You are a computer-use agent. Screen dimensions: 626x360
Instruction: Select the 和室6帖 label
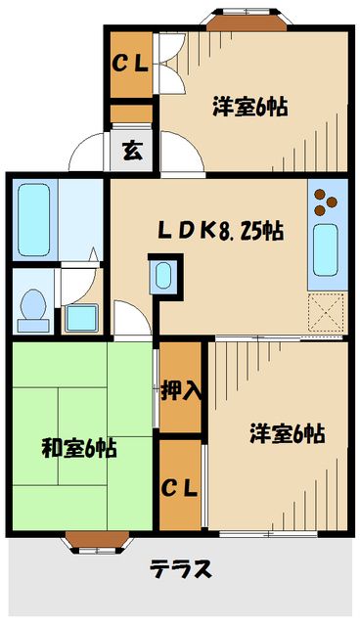80,449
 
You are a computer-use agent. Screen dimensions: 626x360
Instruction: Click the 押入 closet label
182,388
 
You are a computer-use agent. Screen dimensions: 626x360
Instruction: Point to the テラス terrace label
181,568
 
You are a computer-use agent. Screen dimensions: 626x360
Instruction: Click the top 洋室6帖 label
250,109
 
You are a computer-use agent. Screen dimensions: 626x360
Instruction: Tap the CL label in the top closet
129,66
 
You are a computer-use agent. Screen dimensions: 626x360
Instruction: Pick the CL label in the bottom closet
181,486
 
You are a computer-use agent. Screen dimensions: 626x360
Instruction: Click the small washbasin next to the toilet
81,317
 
